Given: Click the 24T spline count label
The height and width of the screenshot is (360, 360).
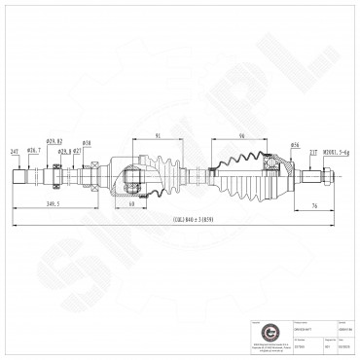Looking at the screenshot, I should click(x=15, y=153).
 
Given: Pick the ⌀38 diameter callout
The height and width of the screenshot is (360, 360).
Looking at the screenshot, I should click(x=87, y=144).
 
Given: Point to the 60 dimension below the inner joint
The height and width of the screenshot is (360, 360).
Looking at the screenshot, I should click(x=130, y=205).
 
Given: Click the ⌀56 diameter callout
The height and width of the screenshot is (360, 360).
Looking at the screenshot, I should click(x=294, y=145).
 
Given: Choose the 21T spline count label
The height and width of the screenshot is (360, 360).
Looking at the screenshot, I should click(x=311, y=153).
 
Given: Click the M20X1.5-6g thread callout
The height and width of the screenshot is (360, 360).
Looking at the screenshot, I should click(x=339, y=153).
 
